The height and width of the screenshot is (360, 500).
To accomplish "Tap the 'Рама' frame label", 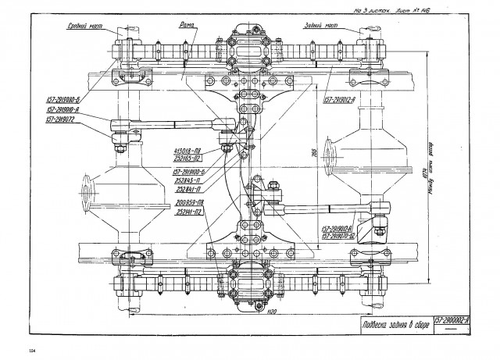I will pyautogui.click(x=187, y=25).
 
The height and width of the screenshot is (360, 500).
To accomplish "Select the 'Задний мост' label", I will pyautogui.click(x=320, y=25).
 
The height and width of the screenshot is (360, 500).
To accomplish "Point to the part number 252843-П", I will pyautogui.click(x=189, y=180).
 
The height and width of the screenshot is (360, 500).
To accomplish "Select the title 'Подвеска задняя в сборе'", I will pyautogui.click(x=386, y=326).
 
